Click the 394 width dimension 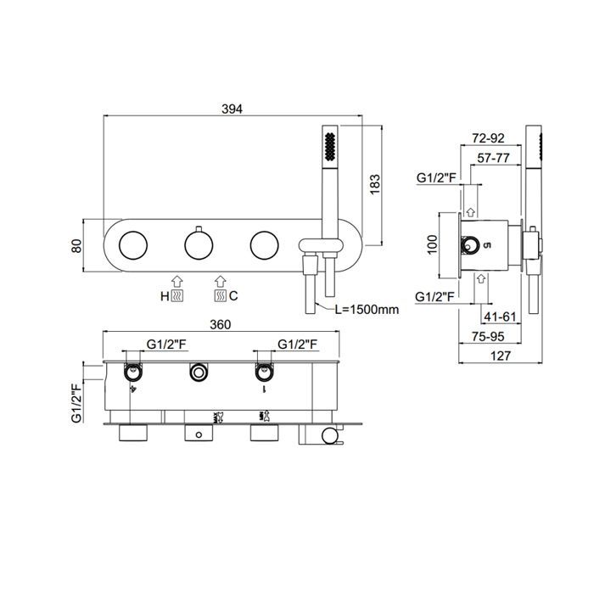point(232,109)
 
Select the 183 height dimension point(375,184)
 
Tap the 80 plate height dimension point(76,246)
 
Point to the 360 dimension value point(220,325)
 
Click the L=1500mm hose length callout point(367,310)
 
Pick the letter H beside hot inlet point(165,296)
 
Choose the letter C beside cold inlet point(233,295)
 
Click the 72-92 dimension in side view point(488,137)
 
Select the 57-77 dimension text point(493,158)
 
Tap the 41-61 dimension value point(500,317)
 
